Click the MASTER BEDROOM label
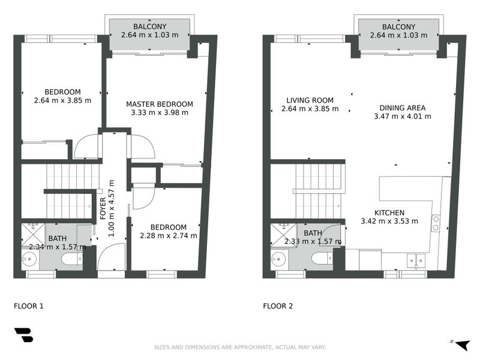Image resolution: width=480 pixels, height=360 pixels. pos(159,104)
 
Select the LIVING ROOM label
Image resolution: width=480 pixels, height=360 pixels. pos(310,101)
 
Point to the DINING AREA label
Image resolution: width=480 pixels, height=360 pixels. pos(402,108)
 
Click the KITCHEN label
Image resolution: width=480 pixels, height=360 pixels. pos(389,213)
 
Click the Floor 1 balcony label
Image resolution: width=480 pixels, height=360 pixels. pos(149,27)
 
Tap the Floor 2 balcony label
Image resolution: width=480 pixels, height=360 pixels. pos(398,27)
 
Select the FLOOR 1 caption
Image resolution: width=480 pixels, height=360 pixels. pos(29,306)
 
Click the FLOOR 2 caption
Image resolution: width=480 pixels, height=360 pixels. pos(278,306)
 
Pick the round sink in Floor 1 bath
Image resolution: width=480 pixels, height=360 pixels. pos(29,259)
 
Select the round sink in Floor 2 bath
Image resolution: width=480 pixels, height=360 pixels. pos(278,259)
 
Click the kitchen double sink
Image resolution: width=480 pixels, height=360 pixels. pos(416,260)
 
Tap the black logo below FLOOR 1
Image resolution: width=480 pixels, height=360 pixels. pos(23,335)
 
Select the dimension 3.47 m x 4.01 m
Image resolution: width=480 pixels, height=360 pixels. pos(402,116)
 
